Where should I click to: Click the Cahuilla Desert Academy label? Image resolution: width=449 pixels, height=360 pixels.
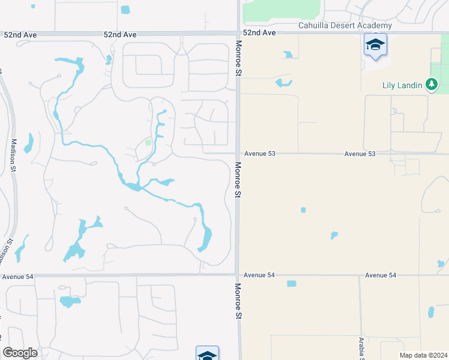click(345, 25)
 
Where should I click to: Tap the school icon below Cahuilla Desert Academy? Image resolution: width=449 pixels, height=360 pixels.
click(375, 45)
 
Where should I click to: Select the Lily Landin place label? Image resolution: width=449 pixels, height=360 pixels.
click(402, 85)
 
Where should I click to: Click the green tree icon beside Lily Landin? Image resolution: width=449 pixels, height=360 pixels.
click(431, 85)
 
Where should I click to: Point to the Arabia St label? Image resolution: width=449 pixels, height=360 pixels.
click(361, 349)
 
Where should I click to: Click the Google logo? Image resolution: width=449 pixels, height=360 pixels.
click(20, 353)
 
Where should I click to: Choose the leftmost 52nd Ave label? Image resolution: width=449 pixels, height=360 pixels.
click(20, 35)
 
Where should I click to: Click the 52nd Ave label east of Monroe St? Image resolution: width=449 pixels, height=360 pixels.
click(259, 33)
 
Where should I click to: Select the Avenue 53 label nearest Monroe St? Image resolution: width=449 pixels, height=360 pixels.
click(259, 154)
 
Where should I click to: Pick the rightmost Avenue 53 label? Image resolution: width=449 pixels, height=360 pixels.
click(360, 154)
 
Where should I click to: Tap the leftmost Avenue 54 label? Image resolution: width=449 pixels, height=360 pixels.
click(17, 277)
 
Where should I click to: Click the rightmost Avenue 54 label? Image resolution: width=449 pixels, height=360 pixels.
click(381, 275)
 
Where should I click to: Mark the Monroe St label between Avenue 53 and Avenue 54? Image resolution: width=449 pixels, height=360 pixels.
click(238, 180)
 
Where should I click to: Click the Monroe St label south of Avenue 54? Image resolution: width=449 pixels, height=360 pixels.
click(238, 301)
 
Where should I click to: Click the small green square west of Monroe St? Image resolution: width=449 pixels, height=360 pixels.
click(148, 143)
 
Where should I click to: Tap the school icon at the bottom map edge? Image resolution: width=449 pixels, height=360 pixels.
click(207, 354)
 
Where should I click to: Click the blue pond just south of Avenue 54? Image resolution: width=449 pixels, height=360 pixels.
click(292, 284)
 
